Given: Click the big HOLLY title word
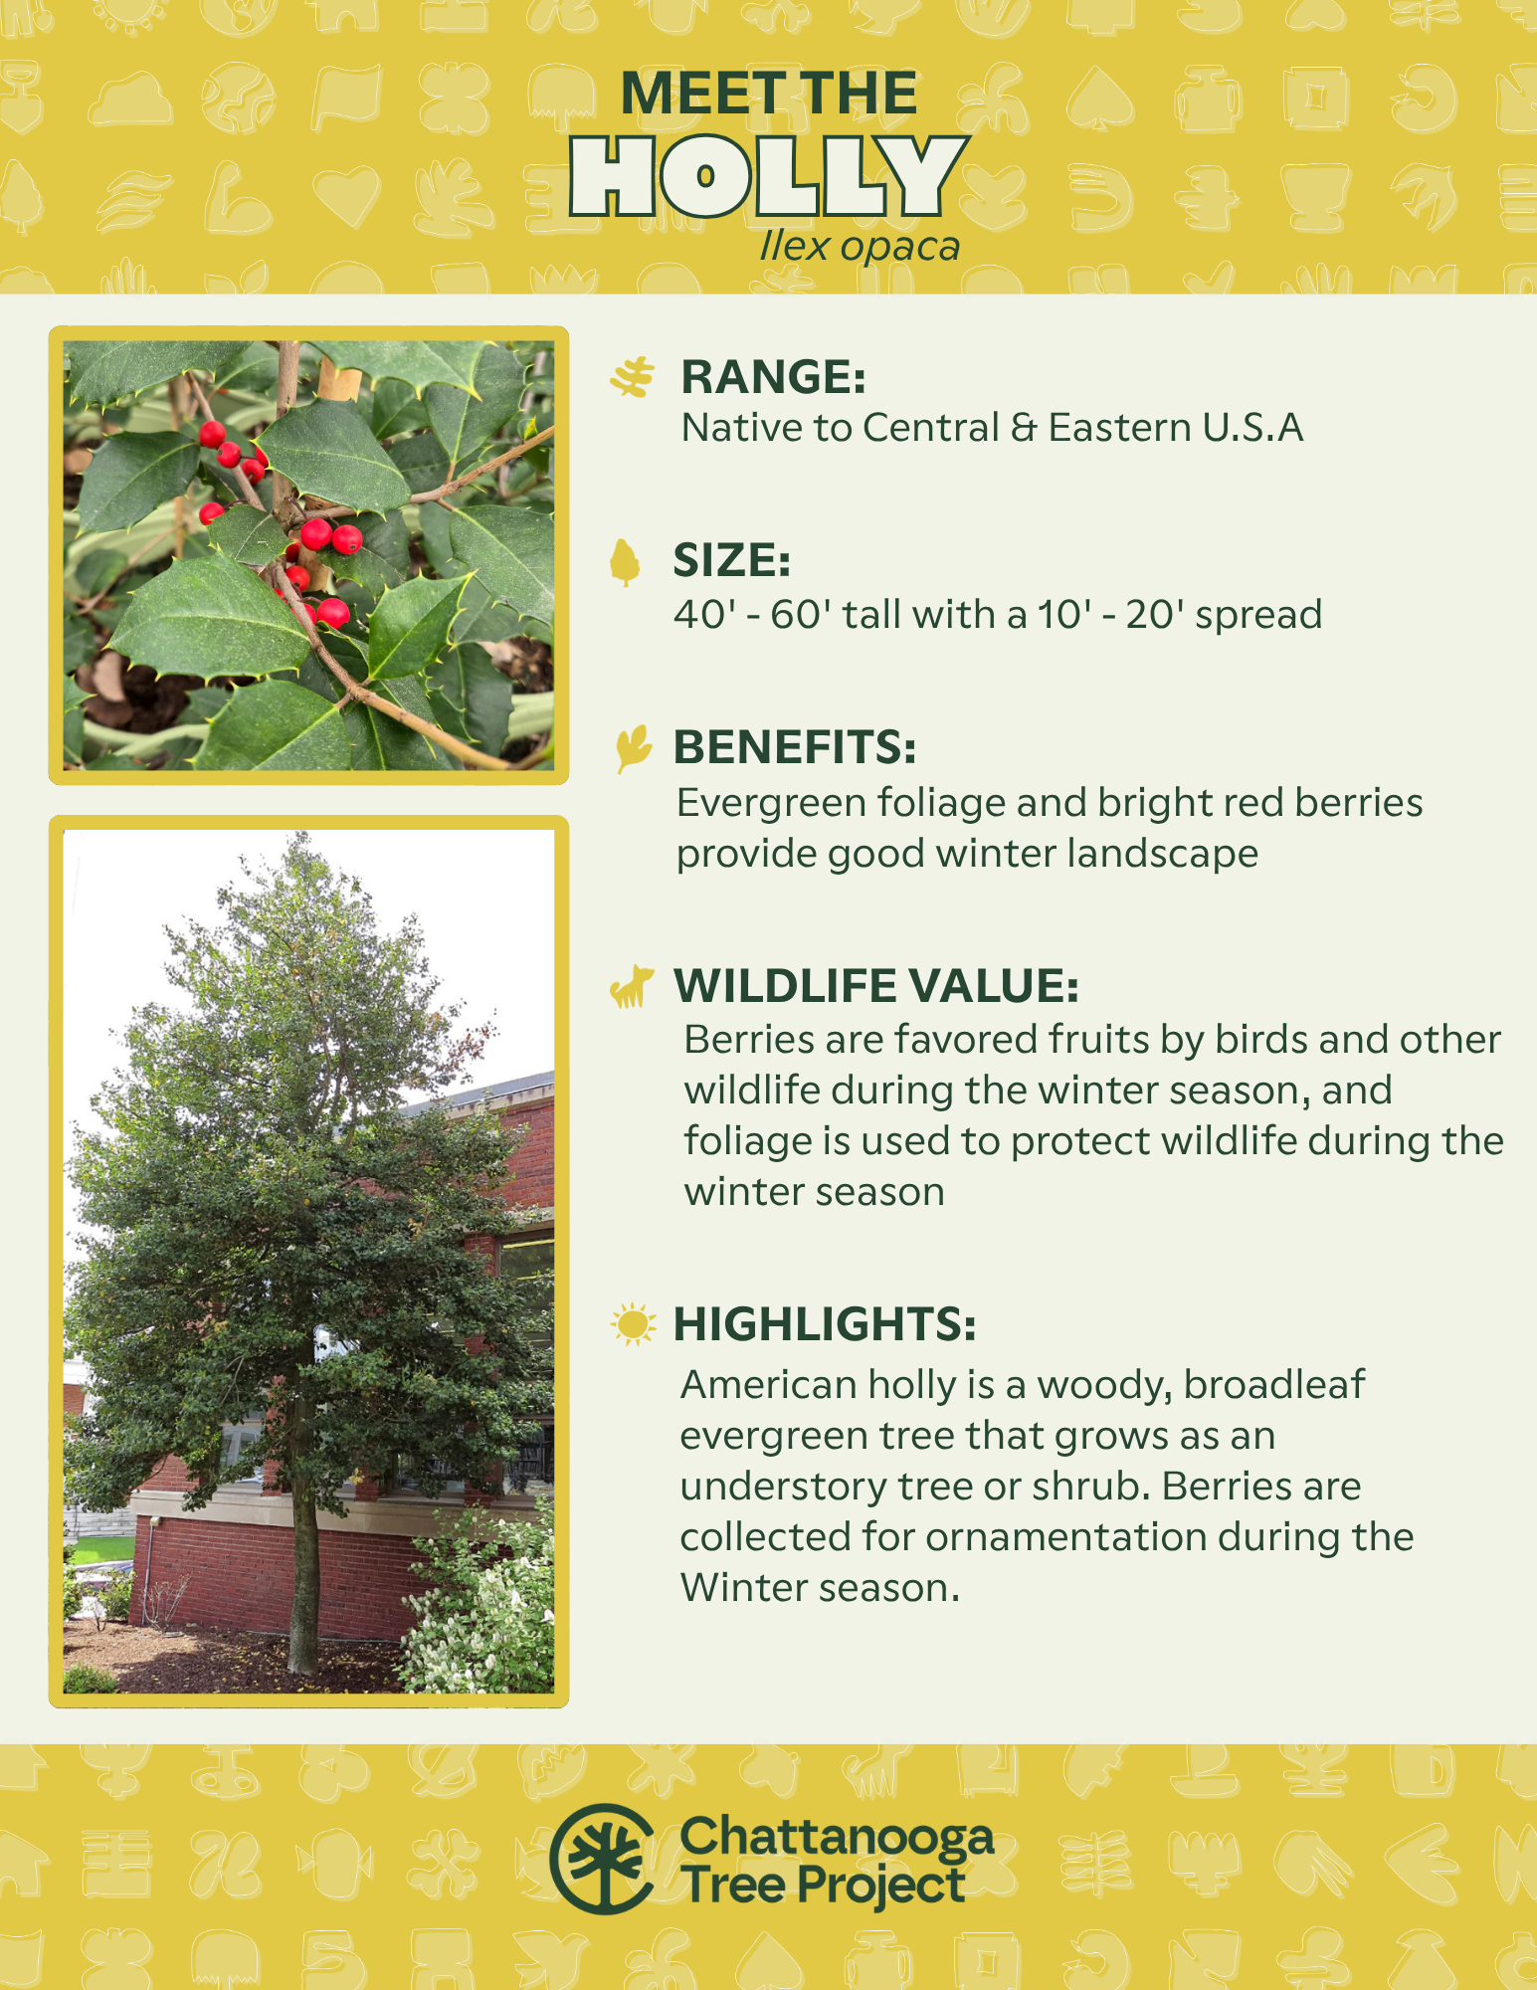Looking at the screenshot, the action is [768, 176].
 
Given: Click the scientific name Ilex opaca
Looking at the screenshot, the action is [860, 247].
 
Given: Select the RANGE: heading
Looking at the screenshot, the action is [773, 377].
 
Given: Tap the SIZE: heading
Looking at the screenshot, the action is [731, 560].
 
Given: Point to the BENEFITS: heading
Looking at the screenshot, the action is [794, 747].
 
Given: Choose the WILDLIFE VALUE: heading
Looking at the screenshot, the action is [876, 986].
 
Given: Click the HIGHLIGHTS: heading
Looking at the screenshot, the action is [825, 1324].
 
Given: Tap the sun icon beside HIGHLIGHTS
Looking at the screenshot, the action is [633, 1324].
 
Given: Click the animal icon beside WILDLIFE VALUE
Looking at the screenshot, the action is [632, 986].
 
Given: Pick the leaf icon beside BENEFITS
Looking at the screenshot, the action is [633, 748].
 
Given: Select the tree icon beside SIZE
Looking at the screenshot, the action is [625, 562].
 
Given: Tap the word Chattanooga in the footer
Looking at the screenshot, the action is [837, 1837].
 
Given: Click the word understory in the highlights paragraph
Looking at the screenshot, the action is [784, 1487].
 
